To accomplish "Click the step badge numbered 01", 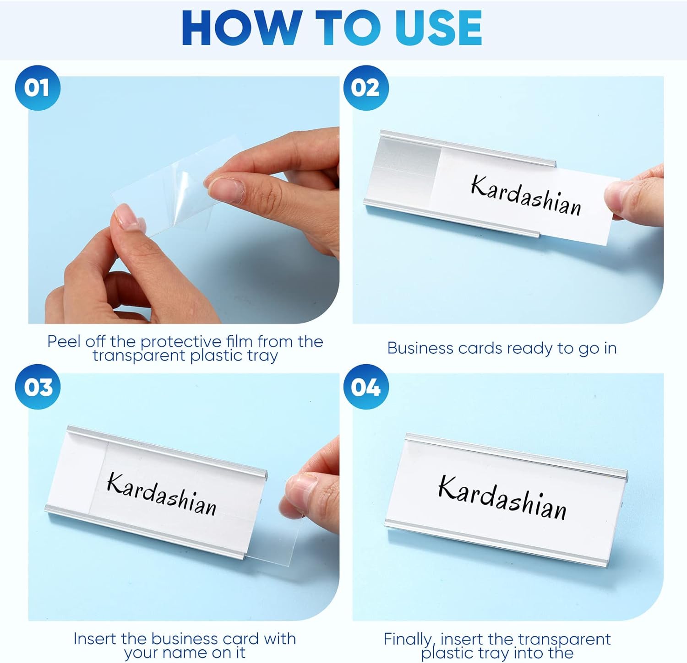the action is click(x=38, y=87).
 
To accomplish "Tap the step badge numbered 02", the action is click(x=366, y=87).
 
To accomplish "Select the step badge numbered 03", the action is click(x=38, y=387).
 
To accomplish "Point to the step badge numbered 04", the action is click(x=366, y=387).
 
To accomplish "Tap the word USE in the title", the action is click(x=439, y=28).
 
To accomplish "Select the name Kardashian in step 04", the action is click(x=502, y=497).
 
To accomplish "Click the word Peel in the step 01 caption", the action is click(x=64, y=341).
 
